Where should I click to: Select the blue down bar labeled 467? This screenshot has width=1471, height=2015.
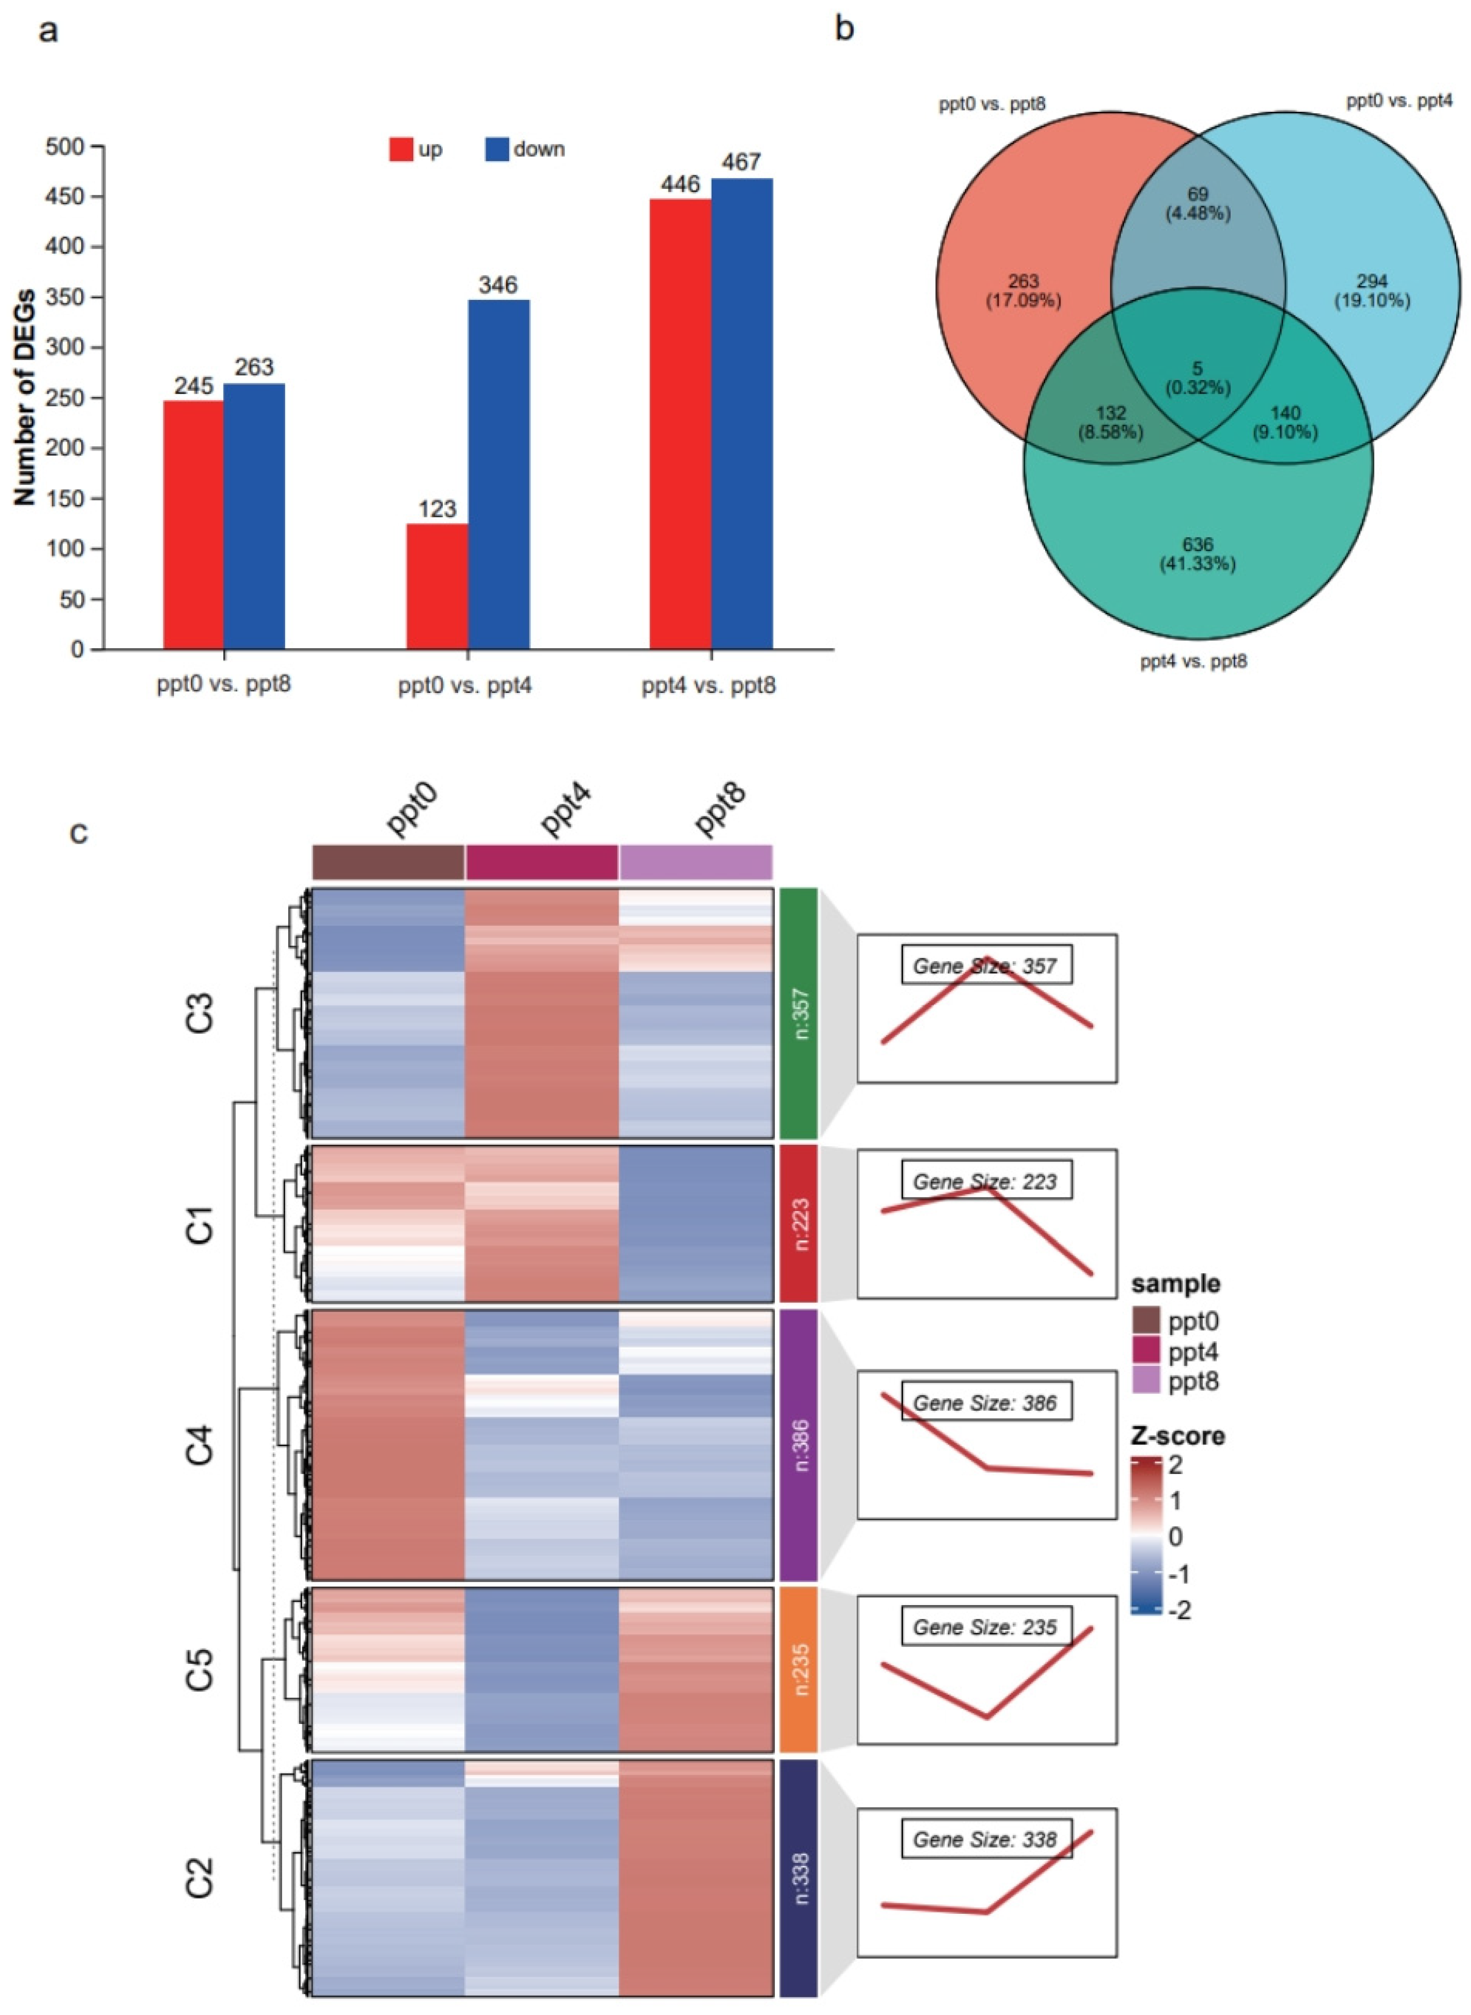point(742,413)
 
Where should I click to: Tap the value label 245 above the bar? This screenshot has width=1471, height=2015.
point(193,385)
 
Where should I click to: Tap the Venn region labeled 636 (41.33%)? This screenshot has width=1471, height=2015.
point(1198,554)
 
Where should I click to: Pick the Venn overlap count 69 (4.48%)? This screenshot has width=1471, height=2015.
point(1198,203)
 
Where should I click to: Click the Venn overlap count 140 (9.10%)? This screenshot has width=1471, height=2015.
point(1285,422)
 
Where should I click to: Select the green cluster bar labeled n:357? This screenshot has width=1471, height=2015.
point(798,1013)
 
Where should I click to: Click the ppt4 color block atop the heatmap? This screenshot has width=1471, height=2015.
point(541,861)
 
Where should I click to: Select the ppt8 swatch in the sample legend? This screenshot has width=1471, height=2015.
point(1147,1381)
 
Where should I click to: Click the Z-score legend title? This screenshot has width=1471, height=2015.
point(1177,1436)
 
